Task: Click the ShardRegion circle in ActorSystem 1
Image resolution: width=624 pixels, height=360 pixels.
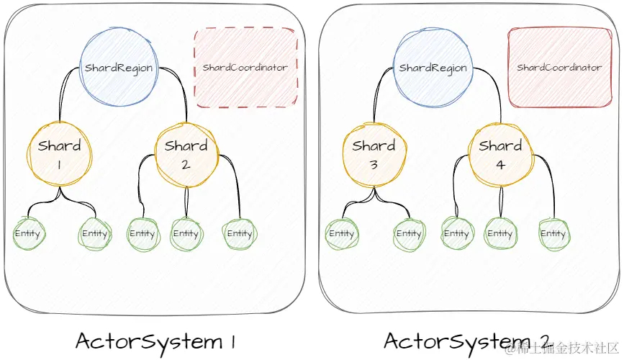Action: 119,67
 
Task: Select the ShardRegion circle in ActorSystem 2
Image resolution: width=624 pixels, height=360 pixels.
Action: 433,68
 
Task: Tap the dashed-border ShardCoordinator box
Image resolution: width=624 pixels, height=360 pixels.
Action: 245,67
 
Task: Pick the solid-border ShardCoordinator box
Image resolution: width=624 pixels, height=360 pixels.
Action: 559,67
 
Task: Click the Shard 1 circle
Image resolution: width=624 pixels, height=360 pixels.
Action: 60,155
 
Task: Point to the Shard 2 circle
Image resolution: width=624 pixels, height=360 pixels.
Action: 186,155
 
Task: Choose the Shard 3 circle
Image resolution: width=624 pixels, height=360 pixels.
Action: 374,155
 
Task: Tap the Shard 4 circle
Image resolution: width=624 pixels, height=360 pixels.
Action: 501,155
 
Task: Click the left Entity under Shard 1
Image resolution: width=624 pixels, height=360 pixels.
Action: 28,233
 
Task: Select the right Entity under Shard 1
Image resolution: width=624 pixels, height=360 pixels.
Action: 95,234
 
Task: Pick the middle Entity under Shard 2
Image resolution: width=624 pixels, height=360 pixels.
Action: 186,234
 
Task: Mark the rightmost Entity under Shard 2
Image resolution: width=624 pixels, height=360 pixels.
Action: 240,234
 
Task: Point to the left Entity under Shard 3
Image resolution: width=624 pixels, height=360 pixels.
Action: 342,234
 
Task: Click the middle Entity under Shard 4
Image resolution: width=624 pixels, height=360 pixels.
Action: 500,234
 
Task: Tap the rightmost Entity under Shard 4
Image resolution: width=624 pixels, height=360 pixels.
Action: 553,234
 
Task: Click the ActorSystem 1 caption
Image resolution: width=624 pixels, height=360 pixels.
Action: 155,343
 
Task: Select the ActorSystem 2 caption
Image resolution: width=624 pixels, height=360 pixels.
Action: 466,343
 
